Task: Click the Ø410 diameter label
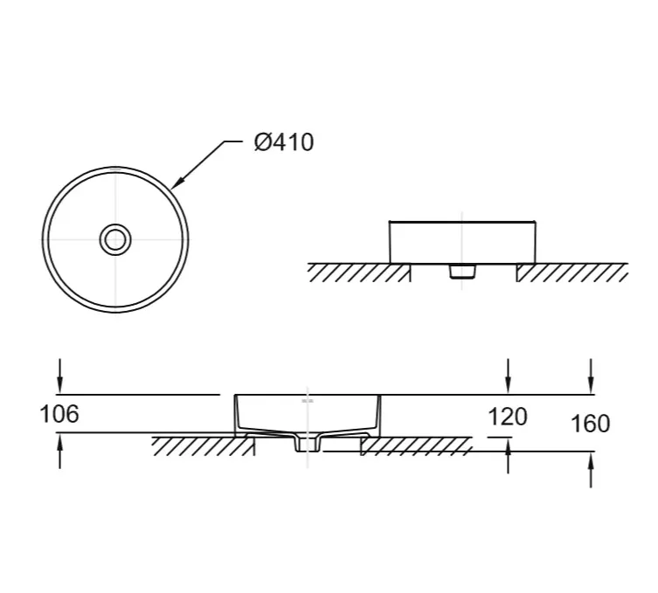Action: tap(284, 142)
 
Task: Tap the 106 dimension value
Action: tap(59, 414)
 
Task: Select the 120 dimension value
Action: tap(508, 417)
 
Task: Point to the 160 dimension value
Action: tap(591, 424)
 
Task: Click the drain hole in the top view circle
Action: tap(115, 240)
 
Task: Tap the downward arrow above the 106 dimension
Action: tap(60, 376)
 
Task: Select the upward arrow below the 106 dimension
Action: tap(60, 451)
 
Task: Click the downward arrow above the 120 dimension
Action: tap(509, 376)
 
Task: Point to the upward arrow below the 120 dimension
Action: tap(509, 456)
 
